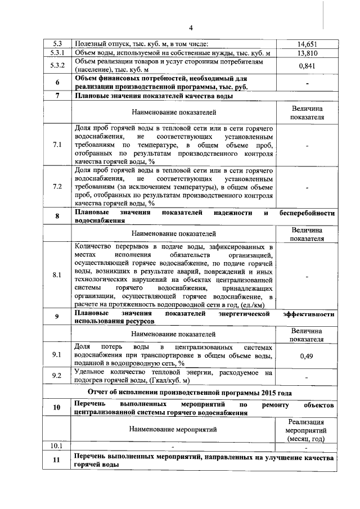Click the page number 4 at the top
click(x=191, y=28)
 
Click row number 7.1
click(x=57, y=145)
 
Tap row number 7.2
click(x=57, y=187)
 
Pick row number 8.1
click(x=57, y=276)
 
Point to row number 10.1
click(x=57, y=445)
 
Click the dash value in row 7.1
click(x=307, y=145)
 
